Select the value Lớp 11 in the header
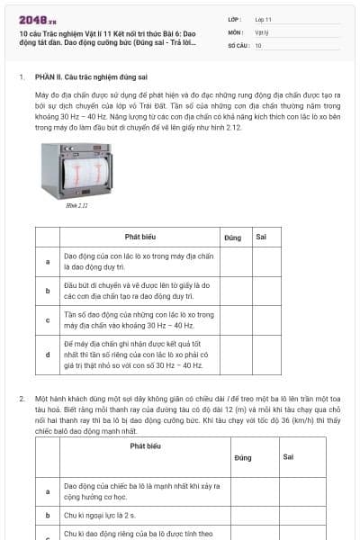(263, 18)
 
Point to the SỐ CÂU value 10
(258, 45)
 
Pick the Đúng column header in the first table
(232, 237)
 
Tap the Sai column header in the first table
(260, 237)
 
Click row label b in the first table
(47, 290)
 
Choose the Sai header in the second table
(288, 457)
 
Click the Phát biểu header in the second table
(145, 445)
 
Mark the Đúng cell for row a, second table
(241, 490)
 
